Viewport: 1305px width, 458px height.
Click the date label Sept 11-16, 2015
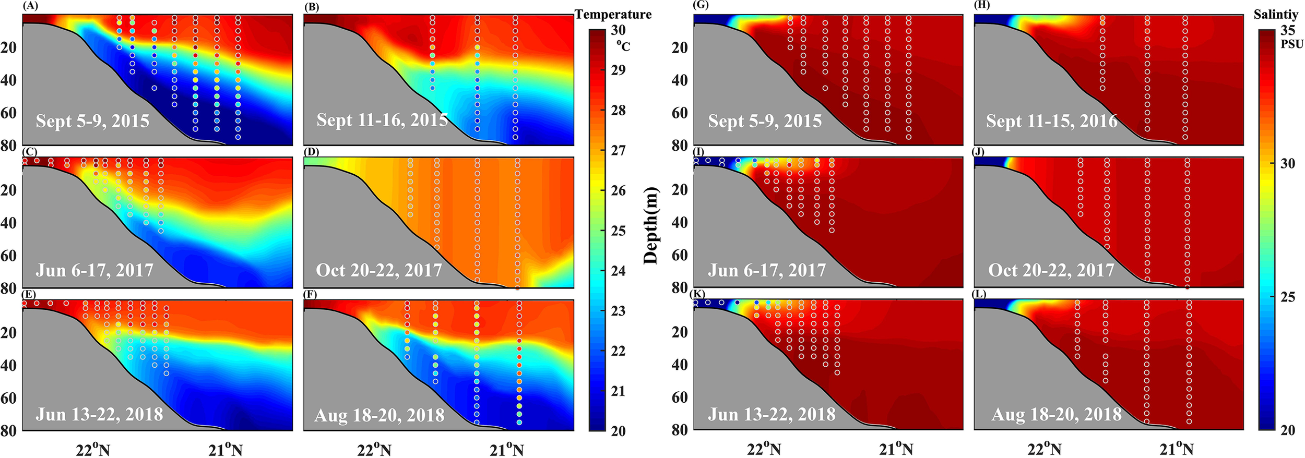pyautogui.click(x=382, y=120)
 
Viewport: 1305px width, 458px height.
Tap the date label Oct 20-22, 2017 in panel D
pyautogui.click(x=379, y=270)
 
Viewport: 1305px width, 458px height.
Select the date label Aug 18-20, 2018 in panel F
pyautogui.click(x=379, y=415)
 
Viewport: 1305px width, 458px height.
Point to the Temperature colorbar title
pyautogui.click(x=613, y=15)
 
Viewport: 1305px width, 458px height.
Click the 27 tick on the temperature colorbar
pyautogui.click(x=618, y=151)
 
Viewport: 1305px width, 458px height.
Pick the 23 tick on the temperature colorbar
pyautogui.click(x=618, y=311)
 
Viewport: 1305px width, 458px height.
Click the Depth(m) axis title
pyautogui.click(x=650, y=225)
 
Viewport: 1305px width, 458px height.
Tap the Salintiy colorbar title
pyautogui.click(x=1276, y=15)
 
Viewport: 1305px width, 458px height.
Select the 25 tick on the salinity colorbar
pyautogui.click(x=1288, y=297)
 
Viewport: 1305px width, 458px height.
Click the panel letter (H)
pyautogui.click(x=981, y=6)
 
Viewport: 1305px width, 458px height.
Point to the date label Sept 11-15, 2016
pyautogui.click(x=1051, y=120)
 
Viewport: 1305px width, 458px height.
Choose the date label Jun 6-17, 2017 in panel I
pyautogui.click(x=767, y=270)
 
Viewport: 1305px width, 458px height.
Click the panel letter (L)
pyautogui.click(x=980, y=294)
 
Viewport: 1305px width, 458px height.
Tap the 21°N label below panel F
pyautogui.click(x=506, y=450)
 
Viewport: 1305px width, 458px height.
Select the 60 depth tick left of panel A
pyautogui.click(x=8, y=113)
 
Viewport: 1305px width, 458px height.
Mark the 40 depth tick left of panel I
pyautogui.click(x=679, y=223)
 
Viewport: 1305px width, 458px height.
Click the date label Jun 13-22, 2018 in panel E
pyautogui.click(x=99, y=414)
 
